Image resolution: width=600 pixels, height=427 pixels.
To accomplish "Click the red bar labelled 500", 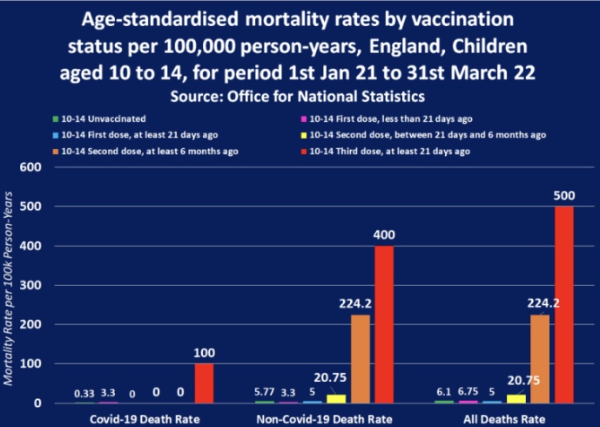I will click(564, 304).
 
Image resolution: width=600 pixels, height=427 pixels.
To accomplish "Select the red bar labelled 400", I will click(384, 324).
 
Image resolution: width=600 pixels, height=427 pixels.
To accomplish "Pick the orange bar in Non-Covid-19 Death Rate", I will click(361, 358).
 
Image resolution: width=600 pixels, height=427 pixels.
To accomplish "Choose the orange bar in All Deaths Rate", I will click(540, 358).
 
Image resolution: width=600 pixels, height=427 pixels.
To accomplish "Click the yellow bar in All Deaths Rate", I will click(516, 398).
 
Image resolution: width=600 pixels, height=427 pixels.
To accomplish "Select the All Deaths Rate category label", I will click(504, 417).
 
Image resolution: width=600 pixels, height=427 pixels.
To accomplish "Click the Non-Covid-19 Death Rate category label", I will click(324, 417).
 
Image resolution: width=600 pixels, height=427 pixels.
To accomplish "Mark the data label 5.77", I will click(265, 391).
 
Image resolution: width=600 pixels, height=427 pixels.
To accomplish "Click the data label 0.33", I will click(84, 393).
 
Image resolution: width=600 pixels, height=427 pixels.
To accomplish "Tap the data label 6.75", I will click(469, 391).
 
